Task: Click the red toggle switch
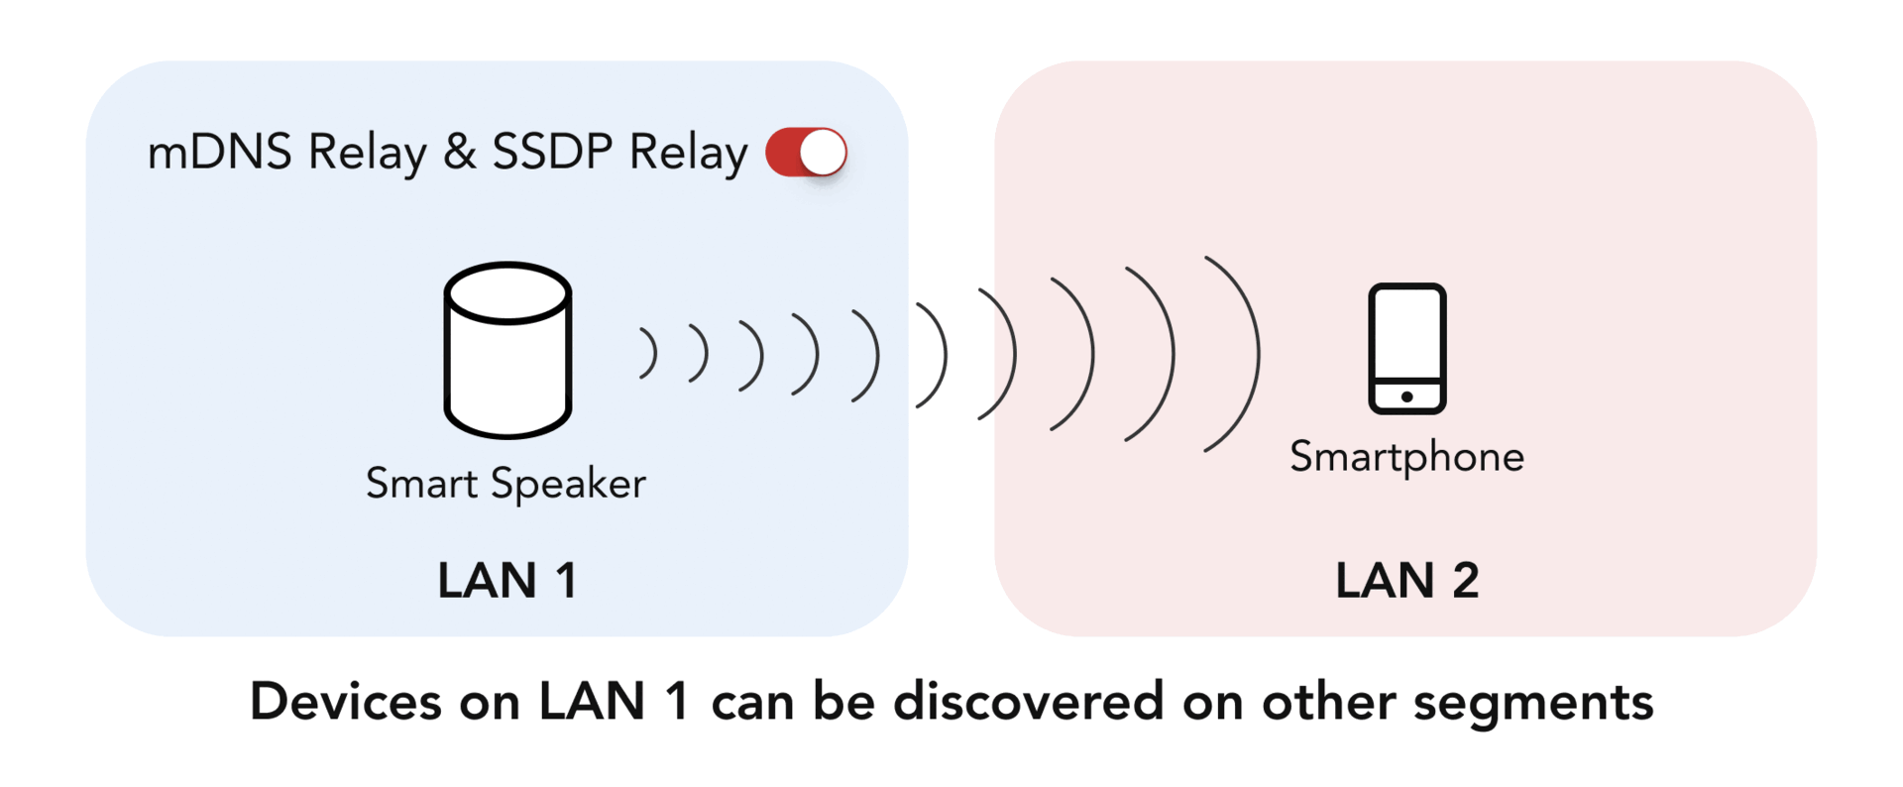(806, 153)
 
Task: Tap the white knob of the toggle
(823, 153)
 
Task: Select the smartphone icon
(1406, 348)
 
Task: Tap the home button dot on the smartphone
(1406, 396)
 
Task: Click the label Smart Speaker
(505, 484)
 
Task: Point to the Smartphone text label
(1406, 457)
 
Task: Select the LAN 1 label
(507, 581)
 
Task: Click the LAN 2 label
(1406, 581)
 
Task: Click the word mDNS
(219, 153)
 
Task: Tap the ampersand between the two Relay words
(459, 153)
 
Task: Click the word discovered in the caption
(1028, 702)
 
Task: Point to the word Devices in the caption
(345, 702)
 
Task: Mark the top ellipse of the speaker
(507, 292)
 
